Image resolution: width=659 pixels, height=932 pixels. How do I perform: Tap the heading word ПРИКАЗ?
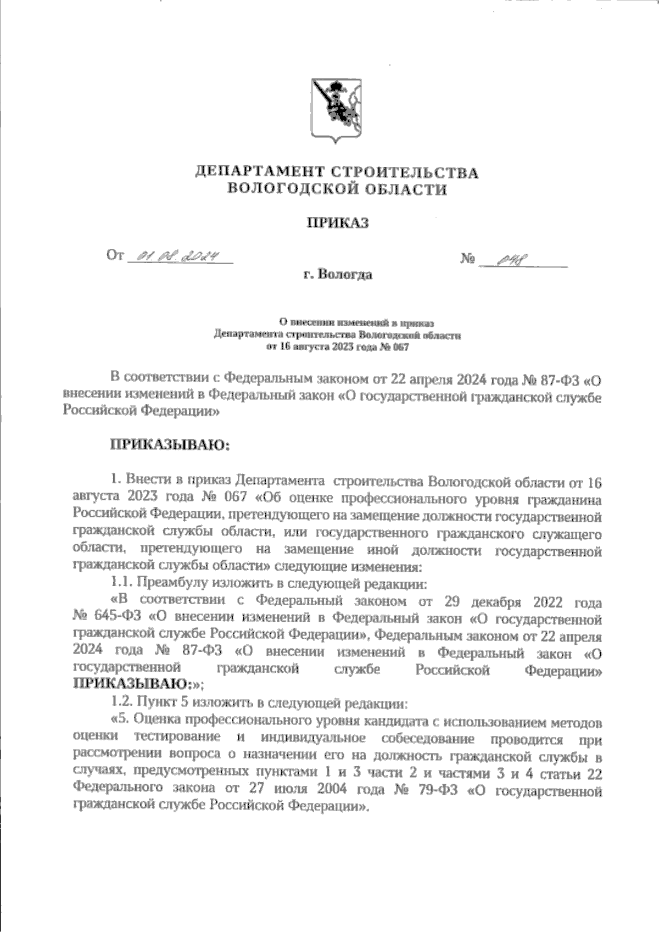[337, 223]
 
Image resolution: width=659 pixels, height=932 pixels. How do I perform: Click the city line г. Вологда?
[337, 274]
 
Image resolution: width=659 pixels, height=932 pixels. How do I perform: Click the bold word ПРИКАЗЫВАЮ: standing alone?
[170, 444]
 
